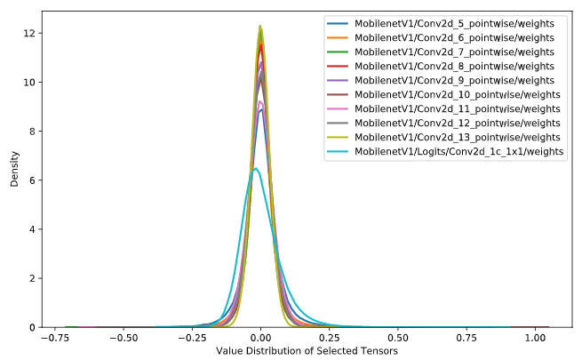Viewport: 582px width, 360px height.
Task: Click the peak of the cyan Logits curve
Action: point(256,168)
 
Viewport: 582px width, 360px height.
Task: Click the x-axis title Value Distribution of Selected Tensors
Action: point(307,350)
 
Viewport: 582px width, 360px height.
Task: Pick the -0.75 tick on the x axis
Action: point(55,338)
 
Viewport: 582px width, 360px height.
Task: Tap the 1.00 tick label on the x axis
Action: point(536,338)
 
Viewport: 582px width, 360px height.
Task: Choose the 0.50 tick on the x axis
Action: point(398,338)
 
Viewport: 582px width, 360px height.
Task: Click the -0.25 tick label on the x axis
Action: point(192,338)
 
